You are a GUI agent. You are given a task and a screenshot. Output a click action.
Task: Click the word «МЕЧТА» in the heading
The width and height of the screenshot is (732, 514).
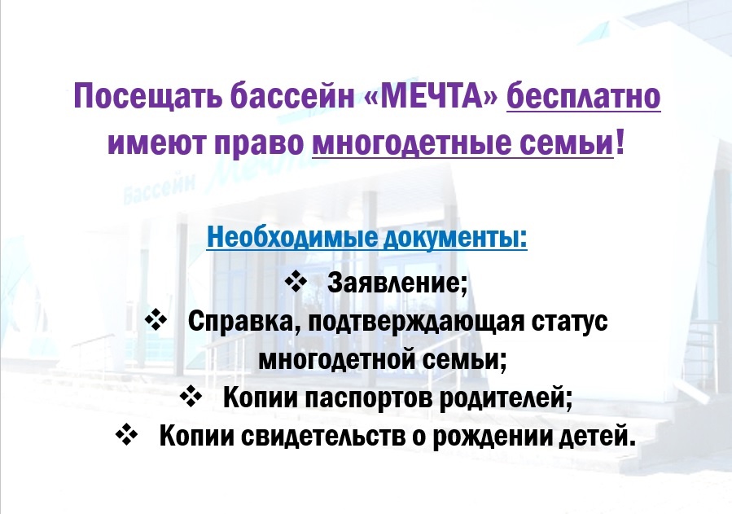point(431,95)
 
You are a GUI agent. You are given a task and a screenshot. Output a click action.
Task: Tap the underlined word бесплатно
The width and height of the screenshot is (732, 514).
point(584,96)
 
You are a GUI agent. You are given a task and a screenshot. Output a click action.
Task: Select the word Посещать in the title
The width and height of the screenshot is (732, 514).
point(148,97)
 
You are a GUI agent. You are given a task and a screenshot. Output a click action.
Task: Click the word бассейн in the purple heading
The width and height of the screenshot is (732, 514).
point(292,95)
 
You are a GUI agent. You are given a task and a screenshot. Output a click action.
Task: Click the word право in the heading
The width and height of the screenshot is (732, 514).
point(259,144)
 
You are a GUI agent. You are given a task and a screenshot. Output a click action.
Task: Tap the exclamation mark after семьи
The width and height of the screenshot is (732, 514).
point(620,142)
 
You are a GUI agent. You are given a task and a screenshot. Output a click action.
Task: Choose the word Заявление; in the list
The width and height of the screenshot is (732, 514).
point(397,283)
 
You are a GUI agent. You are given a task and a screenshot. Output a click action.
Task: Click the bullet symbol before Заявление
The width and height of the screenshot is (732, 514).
point(296,282)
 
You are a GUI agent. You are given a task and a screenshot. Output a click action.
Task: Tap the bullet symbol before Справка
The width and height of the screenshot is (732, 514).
point(156,320)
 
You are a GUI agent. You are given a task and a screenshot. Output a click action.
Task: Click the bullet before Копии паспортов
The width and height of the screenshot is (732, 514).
point(191,397)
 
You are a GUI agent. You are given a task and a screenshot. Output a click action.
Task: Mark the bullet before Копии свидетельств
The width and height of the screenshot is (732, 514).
point(126,435)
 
